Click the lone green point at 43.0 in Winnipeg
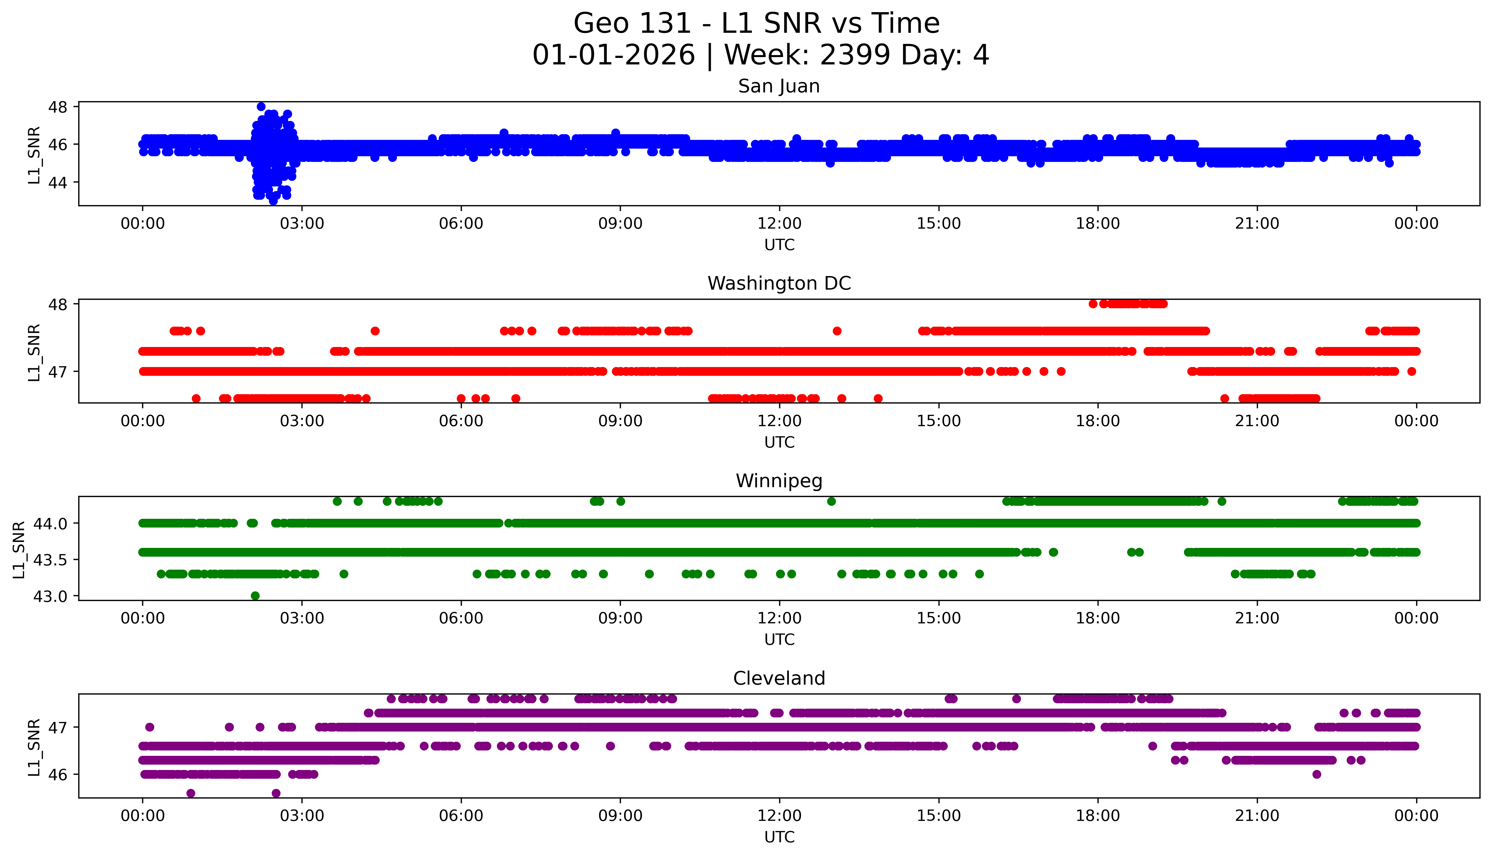coord(255,596)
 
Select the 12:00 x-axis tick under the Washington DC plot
coord(779,421)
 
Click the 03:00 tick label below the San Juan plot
coord(302,224)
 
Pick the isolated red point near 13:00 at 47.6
coord(837,331)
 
